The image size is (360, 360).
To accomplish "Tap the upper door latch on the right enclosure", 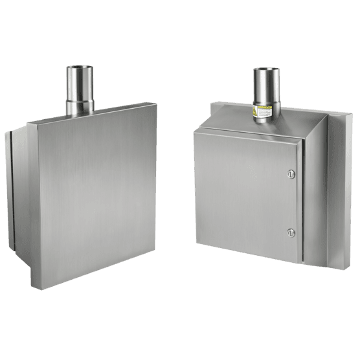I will tap(291, 173).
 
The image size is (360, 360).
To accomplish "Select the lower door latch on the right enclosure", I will tap(291, 231).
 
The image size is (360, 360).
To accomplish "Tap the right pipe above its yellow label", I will tap(265, 87).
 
